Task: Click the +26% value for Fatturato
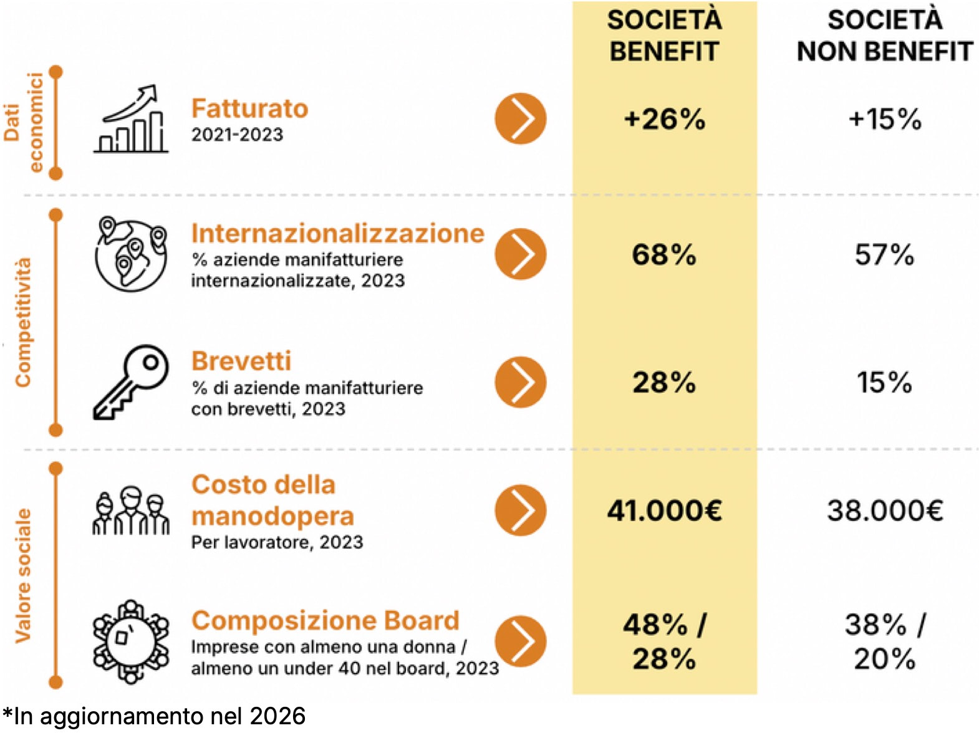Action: pyautogui.click(x=664, y=118)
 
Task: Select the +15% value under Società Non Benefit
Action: pyautogui.click(x=884, y=118)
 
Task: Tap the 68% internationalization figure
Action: pyautogui.click(x=664, y=254)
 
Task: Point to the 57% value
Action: pyautogui.click(x=884, y=254)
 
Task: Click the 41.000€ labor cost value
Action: pyautogui.click(x=664, y=510)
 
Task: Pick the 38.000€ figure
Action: pyautogui.click(x=884, y=510)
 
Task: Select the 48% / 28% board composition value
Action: pyautogui.click(x=664, y=641)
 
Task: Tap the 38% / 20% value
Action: pyautogui.click(x=884, y=641)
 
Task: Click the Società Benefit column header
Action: pyautogui.click(x=664, y=36)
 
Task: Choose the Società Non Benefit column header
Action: pyautogui.click(x=884, y=36)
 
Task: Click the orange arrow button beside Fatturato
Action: pyautogui.click(x=520, y=118)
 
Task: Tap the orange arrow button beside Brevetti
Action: pyautogui.click(x=520, y=382)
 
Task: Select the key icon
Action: pyautogui.click(x=131, y=381)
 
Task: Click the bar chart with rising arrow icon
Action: pyautogui.click(x=132, y=119)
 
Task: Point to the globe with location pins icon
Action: pyautogui.click(x=131, y=254)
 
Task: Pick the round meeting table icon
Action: pyautogui.click(x=131, y=641)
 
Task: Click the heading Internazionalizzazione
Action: pyautogui.click(x=337, y=233)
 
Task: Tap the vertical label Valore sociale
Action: pyautogui.click(x=23, y=575)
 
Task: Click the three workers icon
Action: pyautogui.click(x=131, y=510)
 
